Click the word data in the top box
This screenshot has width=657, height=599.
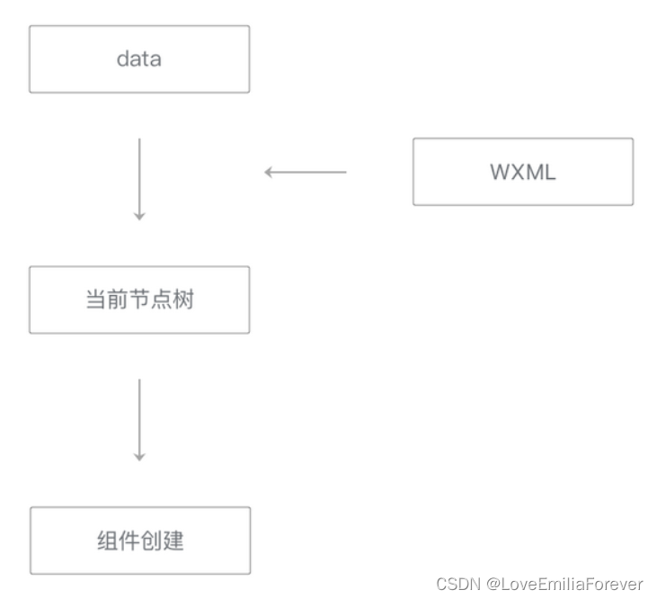pyautogui.click(x=138, y=59)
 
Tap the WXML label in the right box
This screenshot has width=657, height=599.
pyautogui.click(x=523, y=172)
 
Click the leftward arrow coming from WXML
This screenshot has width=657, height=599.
pyautogui.click(x=306, y=172)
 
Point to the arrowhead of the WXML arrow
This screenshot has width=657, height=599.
pyautogui.click(x=269, y=172)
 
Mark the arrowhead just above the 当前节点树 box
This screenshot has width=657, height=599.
pyautogui.click(x=139, y=216)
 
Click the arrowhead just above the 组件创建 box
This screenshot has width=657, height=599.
pyautogui.click(x=139, y=457)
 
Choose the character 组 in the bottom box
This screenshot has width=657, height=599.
pyautogui.click(x=107, y=541)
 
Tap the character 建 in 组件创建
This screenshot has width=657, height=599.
pyautogui.click(x=173, y=541)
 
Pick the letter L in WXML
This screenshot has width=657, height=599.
pyautogui.click(x=549, y=172)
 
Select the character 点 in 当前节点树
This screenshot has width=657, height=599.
pyautogui.click(x=161, y=299)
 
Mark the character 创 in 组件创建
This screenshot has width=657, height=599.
pyautogui.click(x=151, y=541)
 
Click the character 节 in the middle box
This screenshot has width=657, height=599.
pyautogui.click(x=139, y=299)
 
